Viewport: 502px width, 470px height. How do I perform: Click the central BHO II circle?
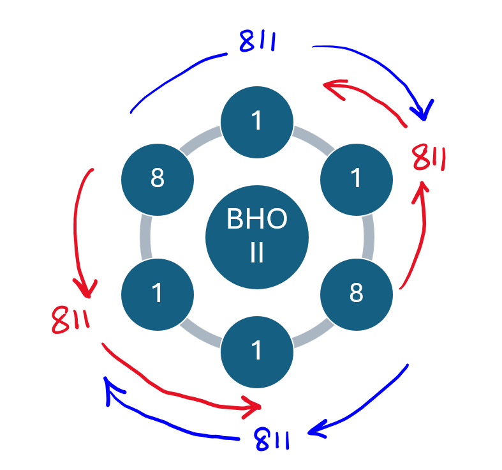(257, 237)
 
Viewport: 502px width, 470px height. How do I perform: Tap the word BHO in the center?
(257, 220)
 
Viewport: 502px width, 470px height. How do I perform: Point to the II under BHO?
(257, 254)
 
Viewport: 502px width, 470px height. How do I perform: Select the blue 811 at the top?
(257, 43)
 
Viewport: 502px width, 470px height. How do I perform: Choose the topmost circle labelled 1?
(257, 121)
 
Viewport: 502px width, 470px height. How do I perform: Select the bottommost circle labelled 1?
(257, 351)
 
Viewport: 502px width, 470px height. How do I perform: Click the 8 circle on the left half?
(158, 179)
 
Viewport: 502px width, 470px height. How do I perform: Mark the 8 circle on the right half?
(357, 293)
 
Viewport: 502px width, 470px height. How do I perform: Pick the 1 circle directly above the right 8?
(357, 179)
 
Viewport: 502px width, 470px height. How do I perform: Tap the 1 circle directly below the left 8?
(158, 293)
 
